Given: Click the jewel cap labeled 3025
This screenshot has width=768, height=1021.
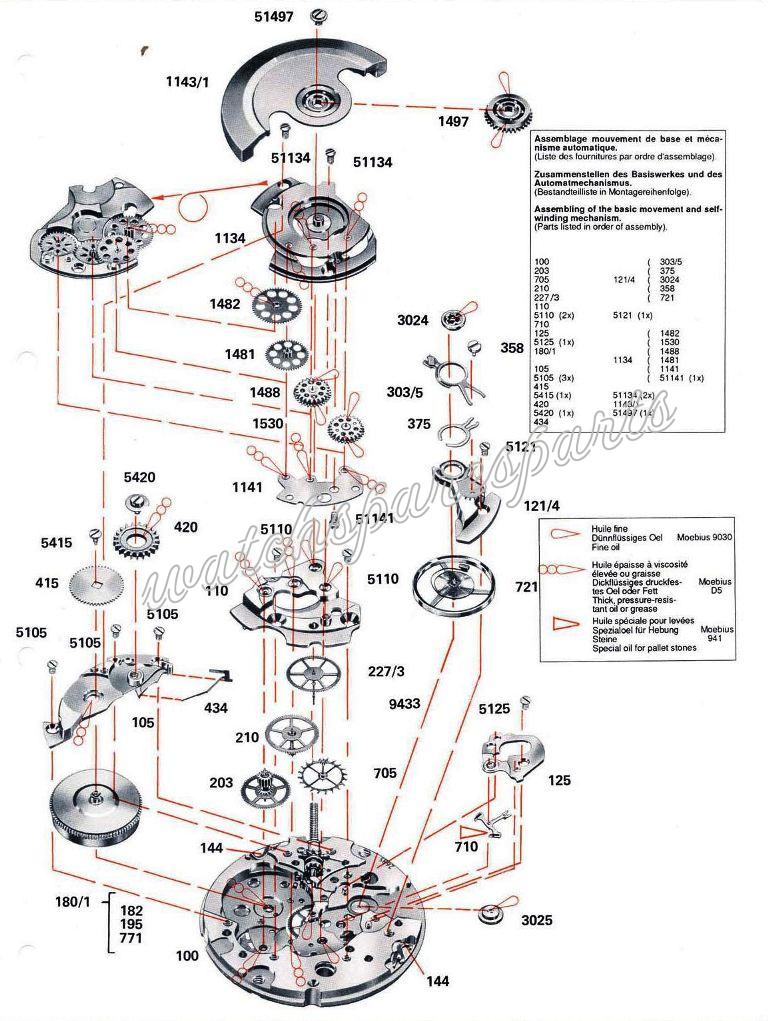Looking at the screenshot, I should point(491,915).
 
